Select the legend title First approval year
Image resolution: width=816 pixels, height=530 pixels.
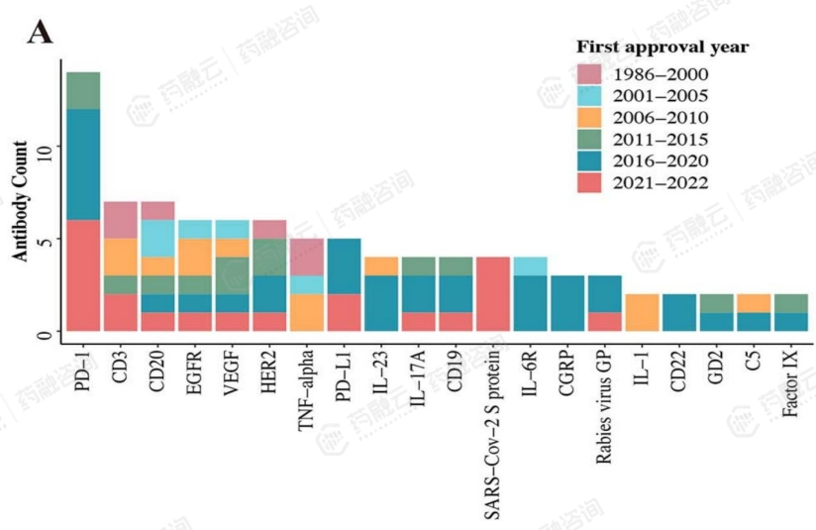pos(663,48)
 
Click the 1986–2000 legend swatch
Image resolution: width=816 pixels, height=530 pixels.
pos(589,74)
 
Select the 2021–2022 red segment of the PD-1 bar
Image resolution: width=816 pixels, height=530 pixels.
pos(83,275)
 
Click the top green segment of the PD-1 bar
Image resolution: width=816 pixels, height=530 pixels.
pos(83,90)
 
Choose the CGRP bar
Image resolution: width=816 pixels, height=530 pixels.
pos(567,303)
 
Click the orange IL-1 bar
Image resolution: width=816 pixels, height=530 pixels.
pos(642,312)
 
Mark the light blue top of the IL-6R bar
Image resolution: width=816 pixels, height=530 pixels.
pos(531,265)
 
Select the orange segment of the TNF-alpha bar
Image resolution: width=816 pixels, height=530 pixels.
pos(307,312)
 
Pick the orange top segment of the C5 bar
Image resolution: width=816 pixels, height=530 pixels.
pos(755,302)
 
